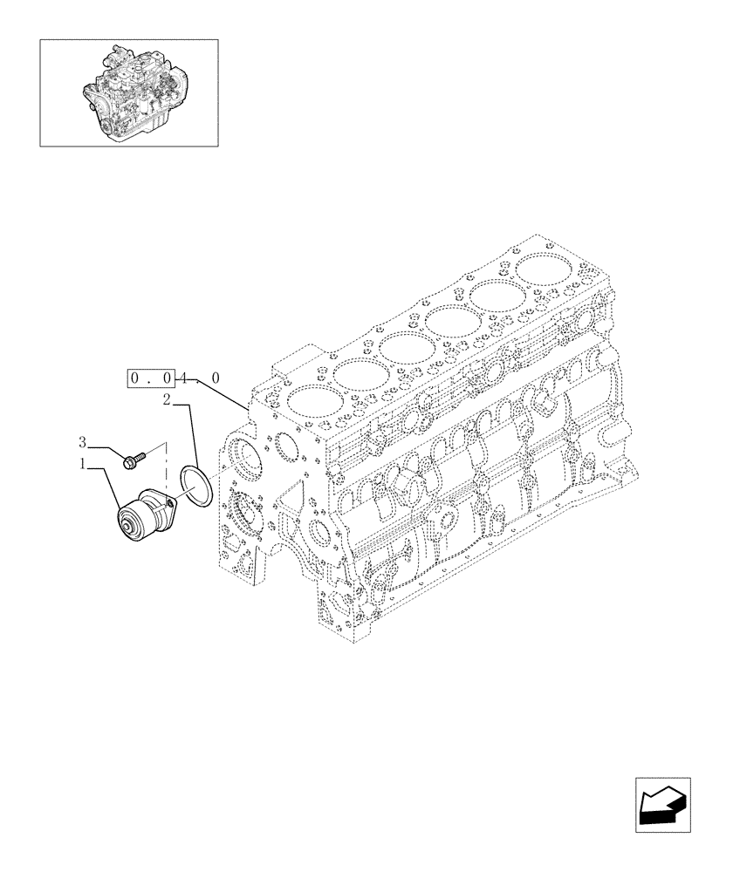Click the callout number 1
click(x=85, y=466)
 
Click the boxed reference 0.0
click(x=153, y=378)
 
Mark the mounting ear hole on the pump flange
click(x=170, y=501)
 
